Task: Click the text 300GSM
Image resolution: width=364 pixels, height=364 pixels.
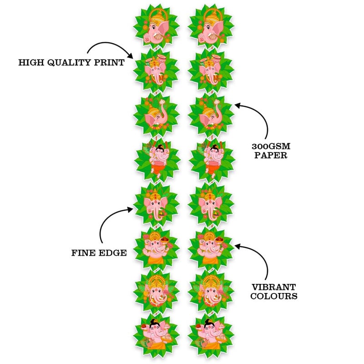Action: [271, 147]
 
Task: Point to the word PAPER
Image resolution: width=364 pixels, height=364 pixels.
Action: [271, 155]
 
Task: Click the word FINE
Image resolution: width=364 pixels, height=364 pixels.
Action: [83, 253]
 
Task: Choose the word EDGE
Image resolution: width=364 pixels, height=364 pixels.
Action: [112, 253]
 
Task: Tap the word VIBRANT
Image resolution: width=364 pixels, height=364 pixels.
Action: [274, 287]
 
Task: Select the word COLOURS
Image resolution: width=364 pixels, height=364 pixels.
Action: [274, 296]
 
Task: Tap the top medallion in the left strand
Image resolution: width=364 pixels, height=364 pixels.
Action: [156, 27]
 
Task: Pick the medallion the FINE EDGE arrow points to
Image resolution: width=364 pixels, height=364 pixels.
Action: [156, 204]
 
